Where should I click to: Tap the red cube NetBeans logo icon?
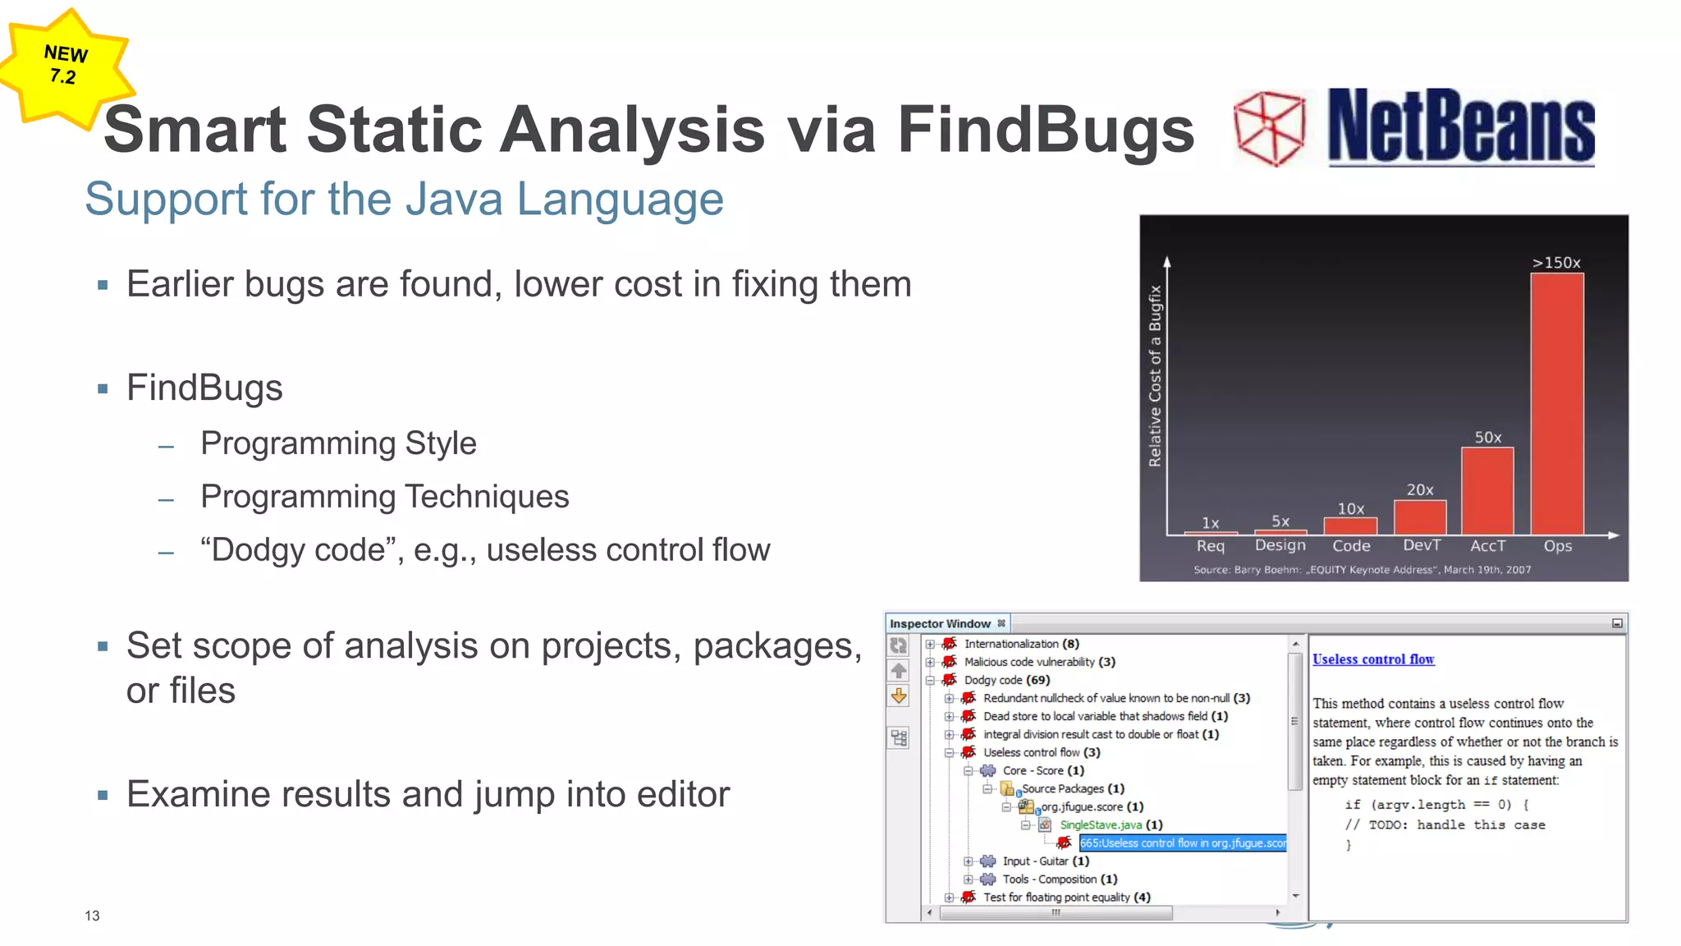coord(1270,127)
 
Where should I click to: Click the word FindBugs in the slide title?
coord(1046,130)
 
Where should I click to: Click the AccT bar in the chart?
coord(1487,491)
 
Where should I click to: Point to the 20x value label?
coord(1420,489)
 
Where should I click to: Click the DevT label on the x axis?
coord(1421,545)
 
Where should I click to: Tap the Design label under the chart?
coord(1280,545)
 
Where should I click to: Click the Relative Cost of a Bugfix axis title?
coord(1155,376)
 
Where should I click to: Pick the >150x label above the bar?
coord(1556,263)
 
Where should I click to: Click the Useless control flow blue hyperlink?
coord(1373,659)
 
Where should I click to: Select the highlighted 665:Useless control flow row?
coord(1182,843)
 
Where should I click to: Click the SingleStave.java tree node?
coord(1101,825)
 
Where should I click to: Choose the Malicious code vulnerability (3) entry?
coord(1039,662)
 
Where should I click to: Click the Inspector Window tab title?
coord(940,624)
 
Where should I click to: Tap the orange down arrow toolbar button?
coord(899,696)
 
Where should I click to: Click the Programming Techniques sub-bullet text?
coord(384,497)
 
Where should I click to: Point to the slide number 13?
coord(92,916)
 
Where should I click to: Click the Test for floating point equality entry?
coord(1066,898)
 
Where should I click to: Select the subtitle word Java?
coord(453,200)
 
